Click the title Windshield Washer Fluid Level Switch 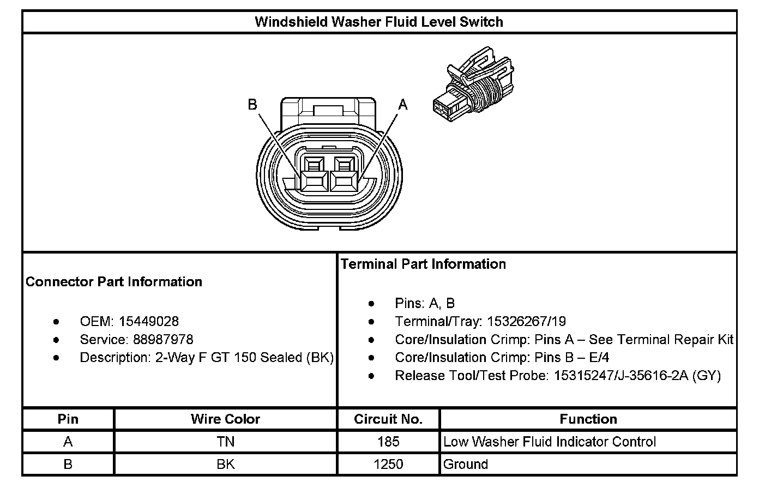point(379,22)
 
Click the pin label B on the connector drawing point(252,104)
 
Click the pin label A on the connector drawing point(403,104)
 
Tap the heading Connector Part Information point(114,282)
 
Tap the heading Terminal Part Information point(423,264)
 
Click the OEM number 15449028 point(149,322)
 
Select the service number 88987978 point(163,340)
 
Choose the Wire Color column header point(225,419)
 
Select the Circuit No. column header point(388,419)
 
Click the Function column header point(588,419)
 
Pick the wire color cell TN point(225,442)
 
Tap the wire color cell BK point(225,465)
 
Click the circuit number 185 point(388,442)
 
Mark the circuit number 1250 point(388,465)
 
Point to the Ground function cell point(466,465)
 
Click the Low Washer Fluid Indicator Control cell point(550,442)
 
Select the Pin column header point(68,419)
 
